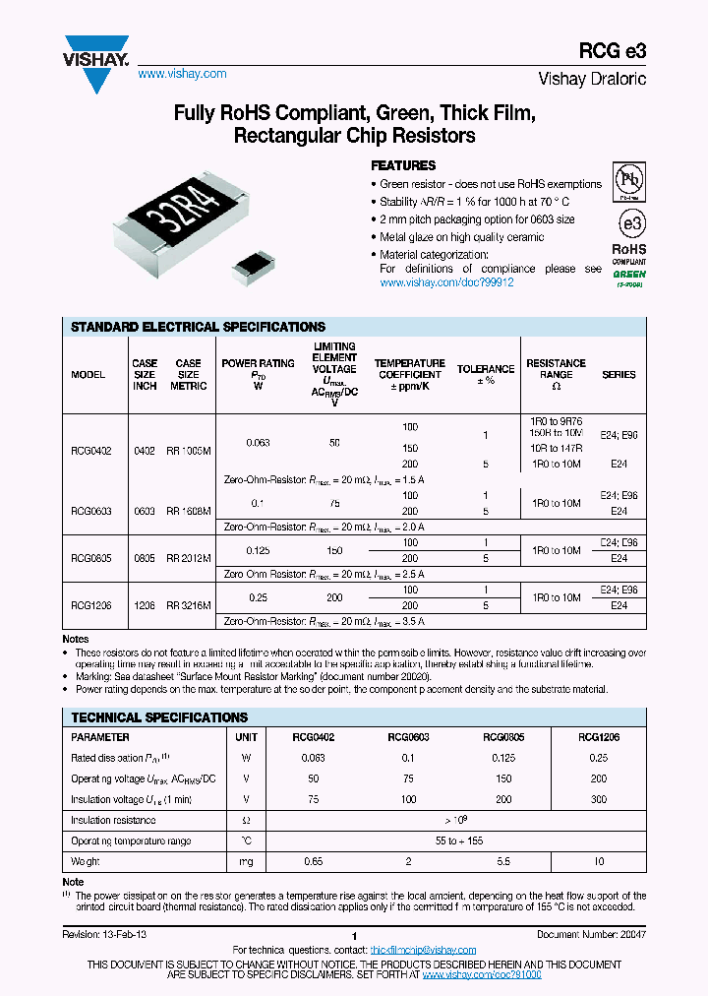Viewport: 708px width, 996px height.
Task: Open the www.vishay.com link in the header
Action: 182,74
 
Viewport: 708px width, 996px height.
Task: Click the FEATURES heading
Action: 403,165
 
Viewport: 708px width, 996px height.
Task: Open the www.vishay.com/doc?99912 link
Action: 446,282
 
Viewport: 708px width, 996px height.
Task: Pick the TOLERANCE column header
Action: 485,374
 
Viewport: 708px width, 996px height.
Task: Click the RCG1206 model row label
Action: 91,598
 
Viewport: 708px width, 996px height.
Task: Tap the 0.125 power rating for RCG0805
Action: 258,550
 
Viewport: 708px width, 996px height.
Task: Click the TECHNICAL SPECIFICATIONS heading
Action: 160,717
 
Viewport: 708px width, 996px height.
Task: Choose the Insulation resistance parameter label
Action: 114,820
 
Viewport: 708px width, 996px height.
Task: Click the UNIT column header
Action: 246,736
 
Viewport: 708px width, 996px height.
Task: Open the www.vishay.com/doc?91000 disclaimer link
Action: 482,973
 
